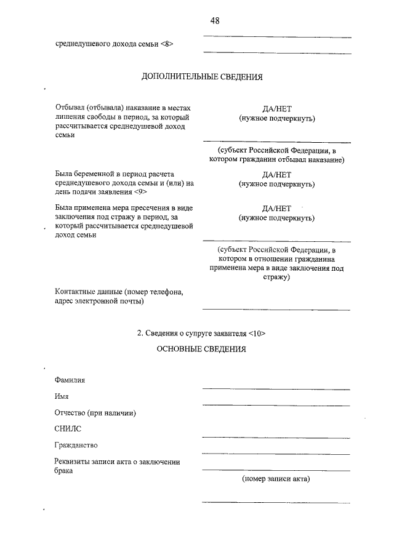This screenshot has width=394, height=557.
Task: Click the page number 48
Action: click(x=215, y=21)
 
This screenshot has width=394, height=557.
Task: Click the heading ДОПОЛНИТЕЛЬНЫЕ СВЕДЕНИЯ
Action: click(x=202, y=78)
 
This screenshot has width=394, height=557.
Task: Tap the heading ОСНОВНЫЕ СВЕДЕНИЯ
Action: click(x=202, y=350)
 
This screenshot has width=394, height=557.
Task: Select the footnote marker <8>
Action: click(x=167, y=44)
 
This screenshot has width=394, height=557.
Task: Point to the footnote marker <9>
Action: click(x=140, y=192)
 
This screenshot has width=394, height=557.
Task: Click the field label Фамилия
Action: click(x=70, y=380)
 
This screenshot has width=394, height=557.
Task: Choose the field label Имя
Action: click(x=62, y=397)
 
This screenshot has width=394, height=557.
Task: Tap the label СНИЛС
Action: click(x=67, y=429)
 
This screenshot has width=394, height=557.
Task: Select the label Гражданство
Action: click(x=76, y=445)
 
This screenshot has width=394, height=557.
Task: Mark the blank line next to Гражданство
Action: click(x=276, y=454)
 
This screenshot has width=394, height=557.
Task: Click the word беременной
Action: click(x=98, y=174)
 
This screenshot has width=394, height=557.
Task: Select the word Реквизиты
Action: click(x=73, y=462)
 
